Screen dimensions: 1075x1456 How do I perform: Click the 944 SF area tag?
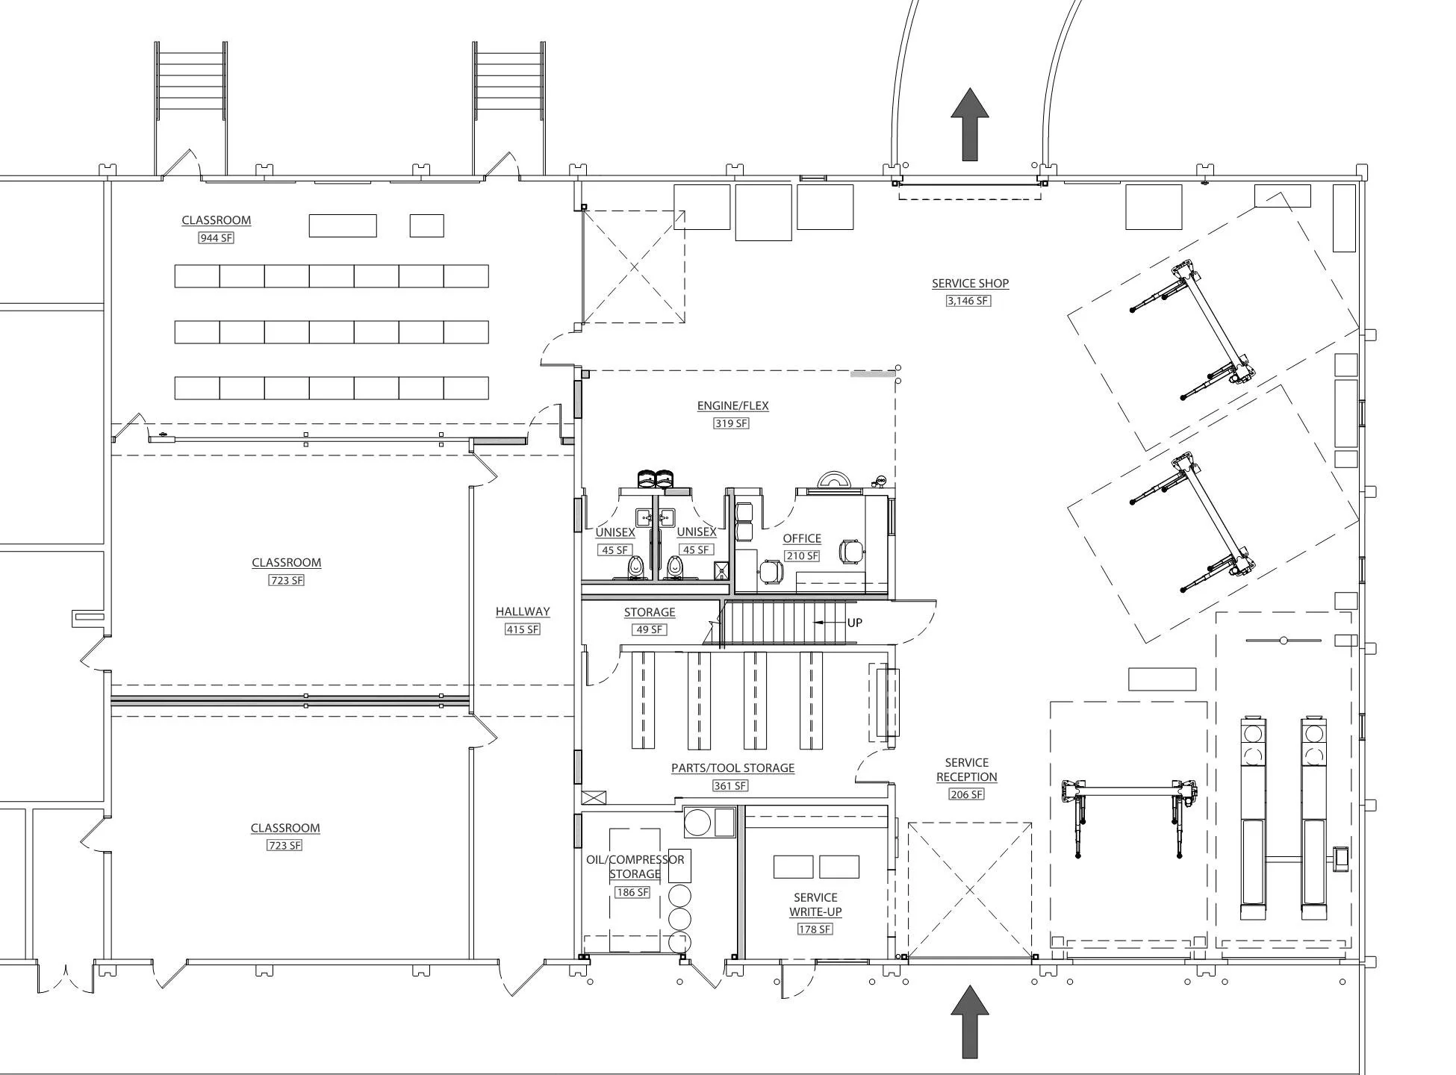[x=216, y=238]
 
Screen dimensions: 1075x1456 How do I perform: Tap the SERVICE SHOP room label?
[x=970, y=283]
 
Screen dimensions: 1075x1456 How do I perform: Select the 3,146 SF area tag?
[x=968, y=301]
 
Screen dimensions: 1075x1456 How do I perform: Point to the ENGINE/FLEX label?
[x=732, y=405]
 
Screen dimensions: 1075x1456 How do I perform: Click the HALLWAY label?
[x=523, y=611]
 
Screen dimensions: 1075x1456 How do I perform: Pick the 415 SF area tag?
[x=523, y=629]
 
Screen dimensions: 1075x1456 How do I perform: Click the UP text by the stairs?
[x=854, y=623]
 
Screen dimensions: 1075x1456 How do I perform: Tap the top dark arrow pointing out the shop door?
[x=969, y=124]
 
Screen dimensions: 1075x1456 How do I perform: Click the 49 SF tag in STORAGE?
[x=649, y=629]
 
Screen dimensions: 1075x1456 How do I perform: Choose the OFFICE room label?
[x=802, y=538]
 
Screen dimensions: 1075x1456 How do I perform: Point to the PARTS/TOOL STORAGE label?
[x=732, y=767]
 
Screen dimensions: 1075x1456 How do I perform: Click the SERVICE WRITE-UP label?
[x=815, y=905]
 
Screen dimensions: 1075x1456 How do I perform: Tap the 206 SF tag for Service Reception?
[x=966, y=794]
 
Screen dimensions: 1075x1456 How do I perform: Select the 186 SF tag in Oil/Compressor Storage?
[x=632, y=892]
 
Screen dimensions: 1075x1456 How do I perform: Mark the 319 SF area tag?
[x=731, y=423]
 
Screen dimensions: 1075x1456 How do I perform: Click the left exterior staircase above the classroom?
[x=190, y=81]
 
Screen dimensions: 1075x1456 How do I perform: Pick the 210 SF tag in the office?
[x=802, y=556]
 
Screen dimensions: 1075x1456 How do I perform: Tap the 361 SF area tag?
[x=730, y=785]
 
